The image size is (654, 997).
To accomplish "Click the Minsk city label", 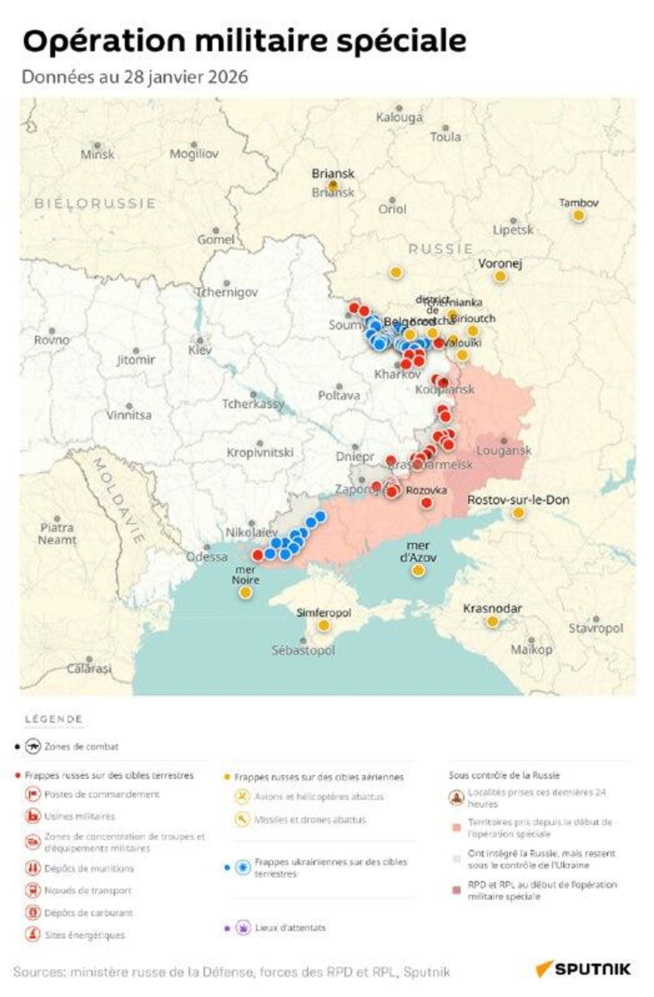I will (x=97, y=154).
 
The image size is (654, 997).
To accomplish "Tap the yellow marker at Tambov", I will (x=578, y=215).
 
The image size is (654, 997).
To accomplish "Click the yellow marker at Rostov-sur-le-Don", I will (x=518, y=513).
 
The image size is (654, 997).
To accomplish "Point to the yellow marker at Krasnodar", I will (x=493, y=622).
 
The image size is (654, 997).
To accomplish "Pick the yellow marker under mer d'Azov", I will (x=418, y=570).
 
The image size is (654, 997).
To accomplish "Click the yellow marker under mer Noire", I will (x=246, y=592).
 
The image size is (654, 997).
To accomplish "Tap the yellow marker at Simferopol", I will (x=324, y=626).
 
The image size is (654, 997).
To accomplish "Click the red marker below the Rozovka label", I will (x=426, y=503).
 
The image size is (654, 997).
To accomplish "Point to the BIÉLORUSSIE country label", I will (x=95, y=204).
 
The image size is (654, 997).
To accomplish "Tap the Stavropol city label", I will (x=596, y=628).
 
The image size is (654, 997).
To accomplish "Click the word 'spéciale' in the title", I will (x=401, y=41).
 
